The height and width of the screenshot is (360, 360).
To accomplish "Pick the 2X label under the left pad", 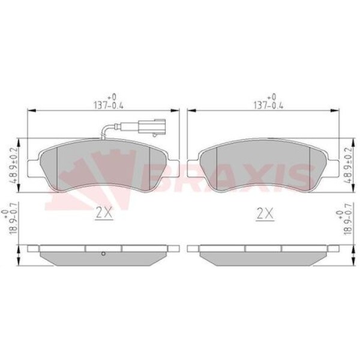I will pyautogui.click(x=103, y=213).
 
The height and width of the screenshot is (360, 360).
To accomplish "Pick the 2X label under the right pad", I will pyautogui.click(x=265, y=213).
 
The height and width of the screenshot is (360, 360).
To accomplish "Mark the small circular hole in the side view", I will pyautogui.click(x=103, y=253).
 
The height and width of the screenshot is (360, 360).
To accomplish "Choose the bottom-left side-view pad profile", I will pyautogui.click(x=103, y=256).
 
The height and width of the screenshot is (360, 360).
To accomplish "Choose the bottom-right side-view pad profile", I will pyautogui.click(x=264, y=256).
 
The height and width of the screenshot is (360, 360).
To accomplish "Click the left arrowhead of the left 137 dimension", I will pyautogui.click(x=32, y=110).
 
